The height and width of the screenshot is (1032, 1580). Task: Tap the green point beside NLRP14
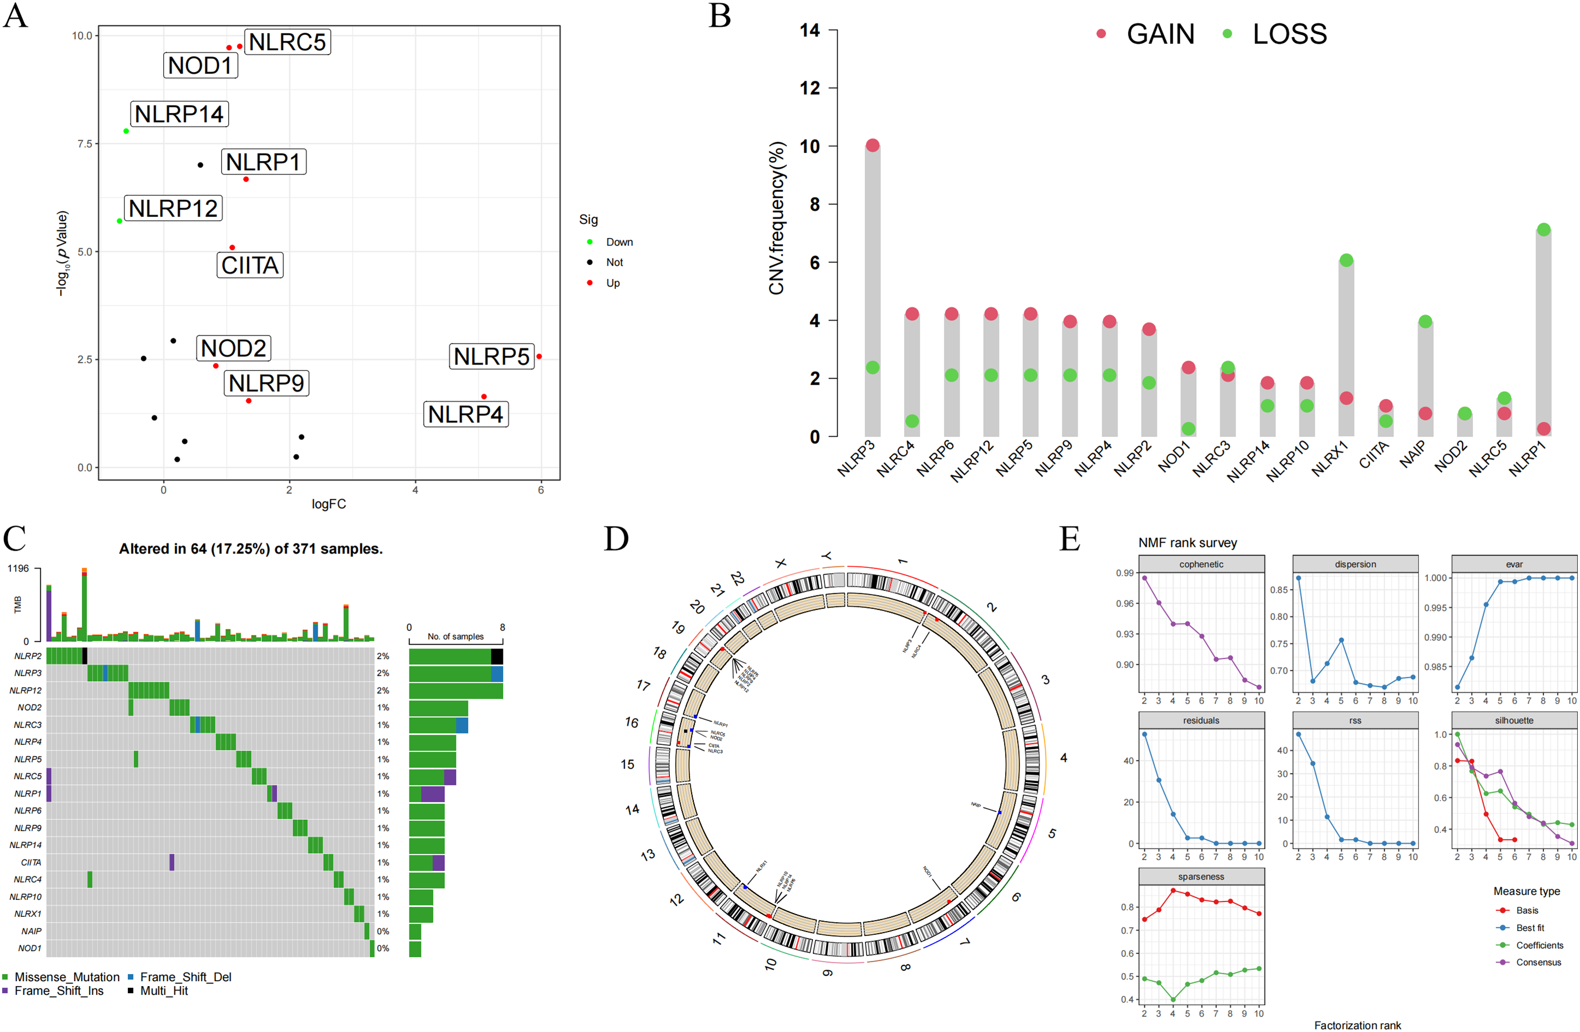[126, 131]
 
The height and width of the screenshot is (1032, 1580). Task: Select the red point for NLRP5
[539, 356]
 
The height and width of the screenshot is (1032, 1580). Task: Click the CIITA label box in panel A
[250, 265]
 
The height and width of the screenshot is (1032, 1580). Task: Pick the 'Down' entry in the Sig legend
[619, 242]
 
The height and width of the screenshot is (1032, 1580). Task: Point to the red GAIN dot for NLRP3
[872, 145]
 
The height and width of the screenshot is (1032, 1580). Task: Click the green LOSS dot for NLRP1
[1543, 230]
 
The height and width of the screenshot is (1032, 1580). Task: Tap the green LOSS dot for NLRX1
[1346, 260]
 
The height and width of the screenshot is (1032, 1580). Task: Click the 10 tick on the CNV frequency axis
[810, 146]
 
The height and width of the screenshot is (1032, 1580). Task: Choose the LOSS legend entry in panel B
[1288, 34]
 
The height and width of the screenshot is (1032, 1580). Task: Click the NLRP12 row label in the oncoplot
[25, 690]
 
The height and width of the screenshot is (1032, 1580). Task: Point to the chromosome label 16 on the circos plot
[631, 722]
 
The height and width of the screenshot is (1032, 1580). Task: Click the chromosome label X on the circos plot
[781, 563]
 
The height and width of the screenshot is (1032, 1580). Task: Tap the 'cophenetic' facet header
[1201, 564]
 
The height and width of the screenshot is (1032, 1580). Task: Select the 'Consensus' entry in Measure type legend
[1538, 962]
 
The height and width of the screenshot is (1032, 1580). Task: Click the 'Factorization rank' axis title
[1358, 1025]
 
